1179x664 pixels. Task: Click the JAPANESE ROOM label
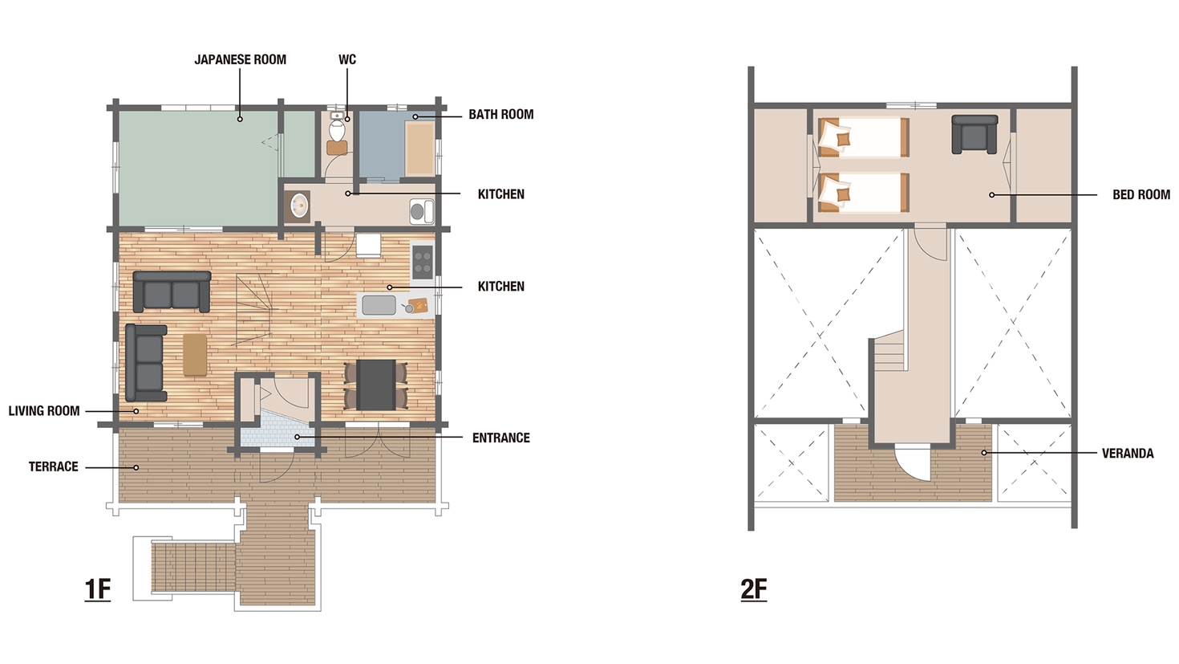point(241,59)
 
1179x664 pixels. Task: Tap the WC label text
point(347,59)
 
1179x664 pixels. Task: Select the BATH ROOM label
point(501,114)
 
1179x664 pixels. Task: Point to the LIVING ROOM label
point(44,411)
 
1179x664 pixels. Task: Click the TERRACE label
point(53,467)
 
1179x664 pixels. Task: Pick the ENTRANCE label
point(501,438)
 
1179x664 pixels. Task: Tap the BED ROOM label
point(1141,195)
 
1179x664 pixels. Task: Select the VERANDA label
point(1128,453)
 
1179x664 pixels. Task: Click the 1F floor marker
point(97,589)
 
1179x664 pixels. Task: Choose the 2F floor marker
point(754,589)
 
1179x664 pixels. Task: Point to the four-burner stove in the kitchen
point(422,262)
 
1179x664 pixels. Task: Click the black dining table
point(376,385)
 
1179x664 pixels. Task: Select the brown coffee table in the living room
point(195,355)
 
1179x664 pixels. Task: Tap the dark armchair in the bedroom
point(974,134)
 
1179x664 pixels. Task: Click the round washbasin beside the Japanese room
point(299,206)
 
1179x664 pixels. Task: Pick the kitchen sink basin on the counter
point(379,305)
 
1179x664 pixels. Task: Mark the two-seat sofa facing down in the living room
point(172,291)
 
